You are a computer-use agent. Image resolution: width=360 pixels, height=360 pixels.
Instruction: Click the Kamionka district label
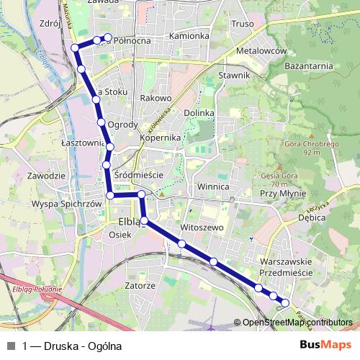point(189,35)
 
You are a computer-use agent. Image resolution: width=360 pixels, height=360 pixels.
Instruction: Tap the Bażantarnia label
point(309,66)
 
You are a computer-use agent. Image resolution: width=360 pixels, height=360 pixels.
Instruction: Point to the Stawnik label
point(234,75)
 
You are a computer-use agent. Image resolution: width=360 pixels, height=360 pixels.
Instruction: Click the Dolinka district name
point(199,113)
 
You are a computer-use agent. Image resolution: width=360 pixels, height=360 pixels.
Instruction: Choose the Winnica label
point(212,186)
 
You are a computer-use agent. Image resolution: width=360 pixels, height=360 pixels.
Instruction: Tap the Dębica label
point(312,217)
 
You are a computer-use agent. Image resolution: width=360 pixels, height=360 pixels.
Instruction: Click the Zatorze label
point(140,285)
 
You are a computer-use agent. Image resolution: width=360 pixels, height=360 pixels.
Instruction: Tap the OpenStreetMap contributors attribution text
point(297,323)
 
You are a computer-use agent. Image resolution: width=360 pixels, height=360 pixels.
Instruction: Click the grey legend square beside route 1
point(11,346)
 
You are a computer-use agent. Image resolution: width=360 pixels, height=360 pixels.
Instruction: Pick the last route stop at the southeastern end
point(285,303)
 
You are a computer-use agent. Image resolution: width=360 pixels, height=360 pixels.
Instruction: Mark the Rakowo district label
point(156,97)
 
